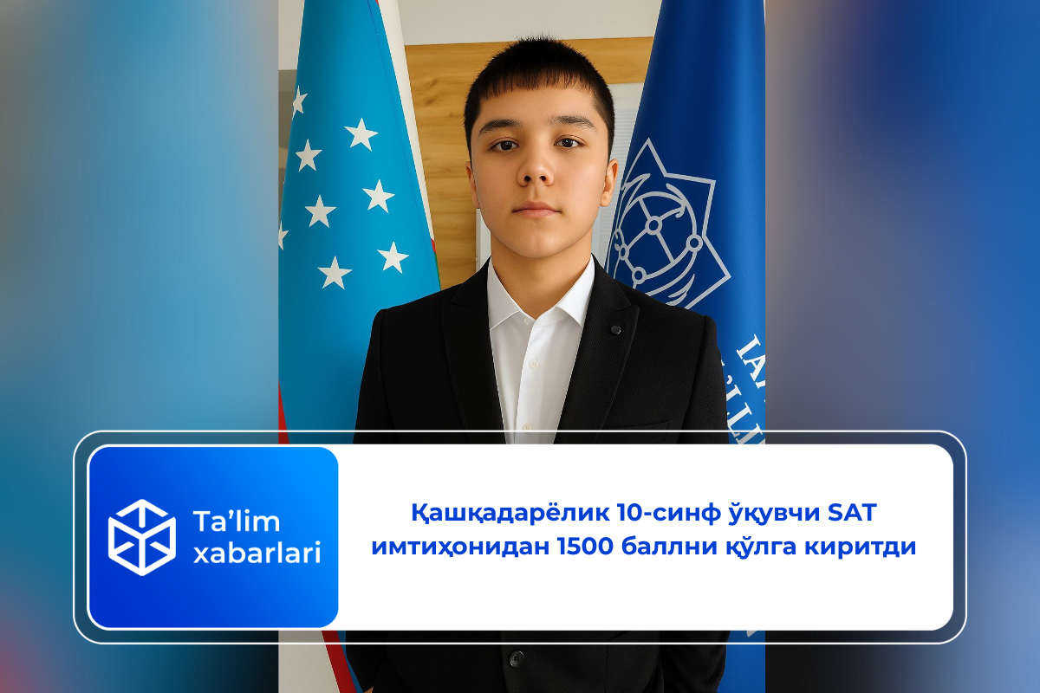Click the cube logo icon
click(x=141, y=537)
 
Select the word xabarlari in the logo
click(x=257, y=552)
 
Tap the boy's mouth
click(x=536, y=209)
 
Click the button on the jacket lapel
click(x=614, y=329)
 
